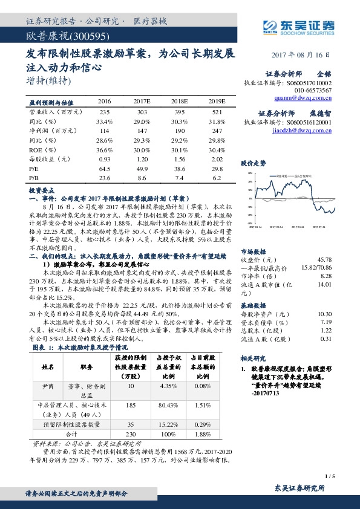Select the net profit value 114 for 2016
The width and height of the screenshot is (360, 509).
tap(104, 130)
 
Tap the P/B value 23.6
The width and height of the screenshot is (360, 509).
tap(104, 178)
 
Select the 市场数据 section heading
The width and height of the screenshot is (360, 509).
tap(254, 250)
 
